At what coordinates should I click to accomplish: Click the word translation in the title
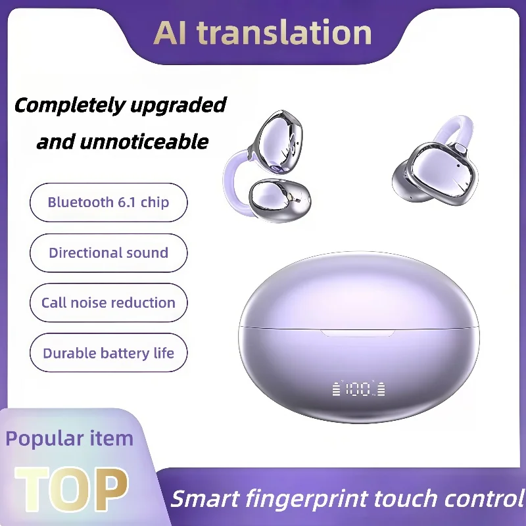285,33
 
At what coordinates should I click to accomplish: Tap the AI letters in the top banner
172,33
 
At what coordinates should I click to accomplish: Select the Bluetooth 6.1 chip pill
108,203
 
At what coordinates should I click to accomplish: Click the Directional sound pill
108,252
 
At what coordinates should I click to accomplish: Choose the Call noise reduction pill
108,302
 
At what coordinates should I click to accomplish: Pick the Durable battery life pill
108,353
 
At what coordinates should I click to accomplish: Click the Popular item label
69,439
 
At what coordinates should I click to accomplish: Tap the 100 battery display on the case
359,389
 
